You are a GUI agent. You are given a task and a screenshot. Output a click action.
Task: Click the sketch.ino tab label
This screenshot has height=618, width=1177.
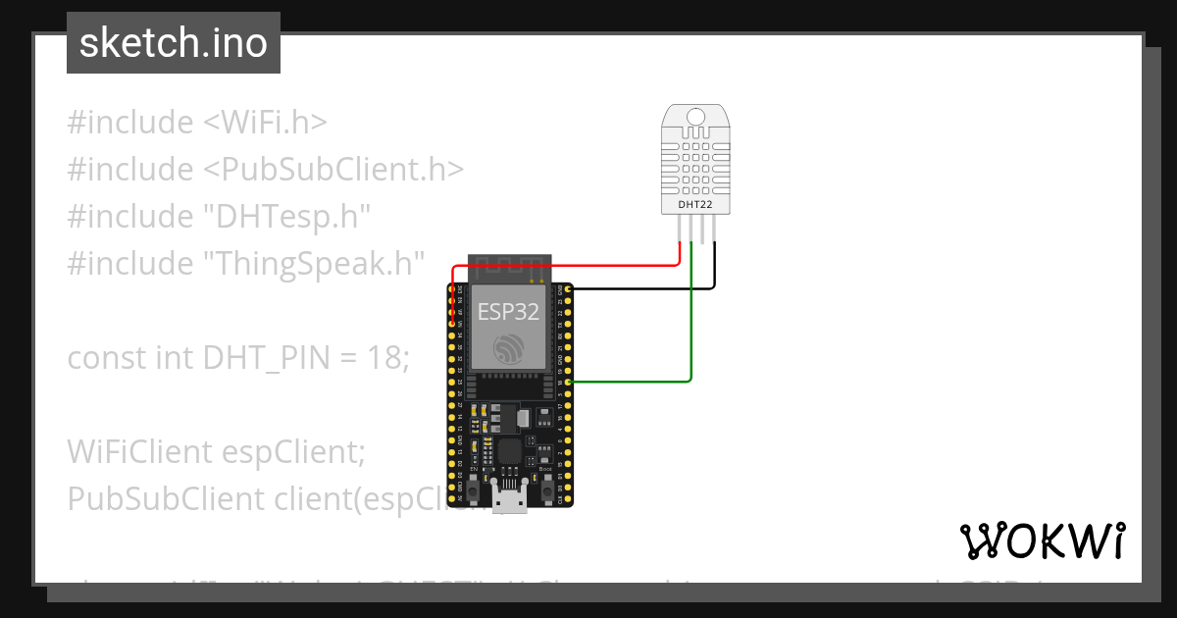(173, 43)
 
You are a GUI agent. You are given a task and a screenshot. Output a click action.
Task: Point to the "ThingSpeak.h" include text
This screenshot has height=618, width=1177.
(313, 264)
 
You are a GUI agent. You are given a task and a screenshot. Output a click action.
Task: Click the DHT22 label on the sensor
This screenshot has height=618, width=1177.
(695, 204)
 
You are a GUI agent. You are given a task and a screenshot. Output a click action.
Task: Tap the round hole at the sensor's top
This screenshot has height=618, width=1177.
(695, 118)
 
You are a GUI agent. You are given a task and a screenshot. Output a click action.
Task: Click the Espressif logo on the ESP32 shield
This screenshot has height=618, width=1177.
(509, 348)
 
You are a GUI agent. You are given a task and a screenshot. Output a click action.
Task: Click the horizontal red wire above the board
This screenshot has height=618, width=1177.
(569, 264)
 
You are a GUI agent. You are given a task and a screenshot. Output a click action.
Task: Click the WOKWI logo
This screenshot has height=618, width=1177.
(1042, 541)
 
